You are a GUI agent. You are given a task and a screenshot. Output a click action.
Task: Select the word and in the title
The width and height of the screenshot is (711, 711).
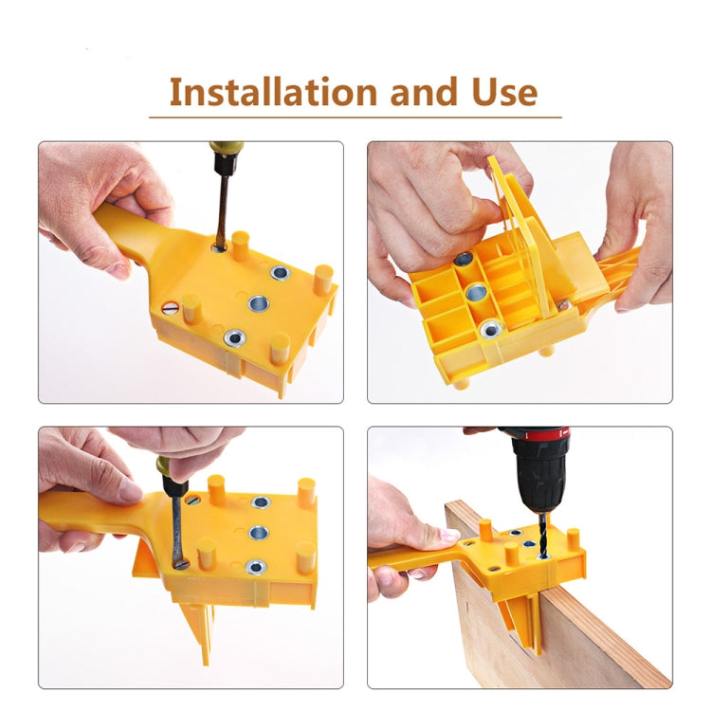pyautogui.click(x=422, y=92)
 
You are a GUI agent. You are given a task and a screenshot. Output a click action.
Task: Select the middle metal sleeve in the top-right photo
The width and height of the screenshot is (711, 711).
pyautogui.click(x=477, y=292)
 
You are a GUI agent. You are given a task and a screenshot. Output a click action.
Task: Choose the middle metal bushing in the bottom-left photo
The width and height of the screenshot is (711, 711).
pyautogui.click(x=257, y=532)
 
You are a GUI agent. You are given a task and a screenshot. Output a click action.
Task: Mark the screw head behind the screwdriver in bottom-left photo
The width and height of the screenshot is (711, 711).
pyautogui.click(x=192, y=500)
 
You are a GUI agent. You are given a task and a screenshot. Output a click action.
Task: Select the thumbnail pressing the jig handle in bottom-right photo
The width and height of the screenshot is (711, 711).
pyautogui.click(x=445, y=537)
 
